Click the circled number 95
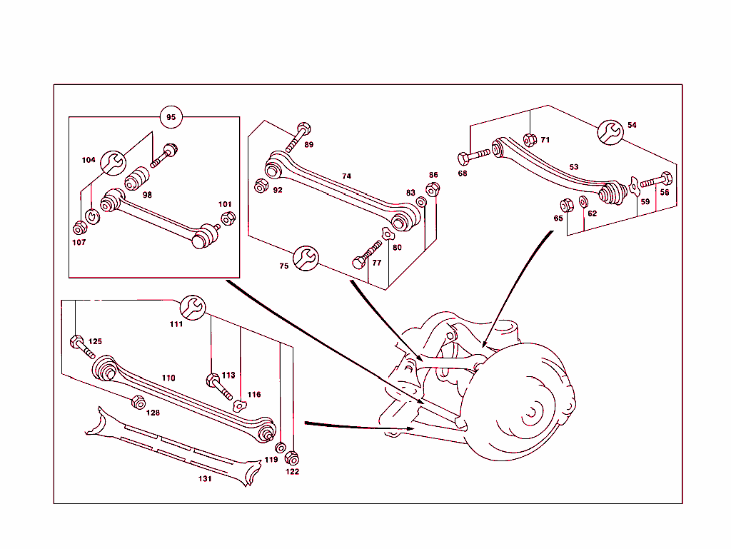[x=171, y=116]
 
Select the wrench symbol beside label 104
[x=111, y=163]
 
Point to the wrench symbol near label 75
[x=305, y=259]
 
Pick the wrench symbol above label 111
[x=192, y=306]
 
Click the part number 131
[x=205, y=479]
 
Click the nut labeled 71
[x=530, y=140]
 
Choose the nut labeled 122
[x=291, y=458]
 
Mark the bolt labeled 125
[x=81, y=345]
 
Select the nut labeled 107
[x=80, y=228]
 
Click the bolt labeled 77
[x=365, y=255]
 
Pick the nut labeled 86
[x=432, y=189]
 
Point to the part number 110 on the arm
[x=168, y=378]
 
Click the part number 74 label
[x=346, y=176]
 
